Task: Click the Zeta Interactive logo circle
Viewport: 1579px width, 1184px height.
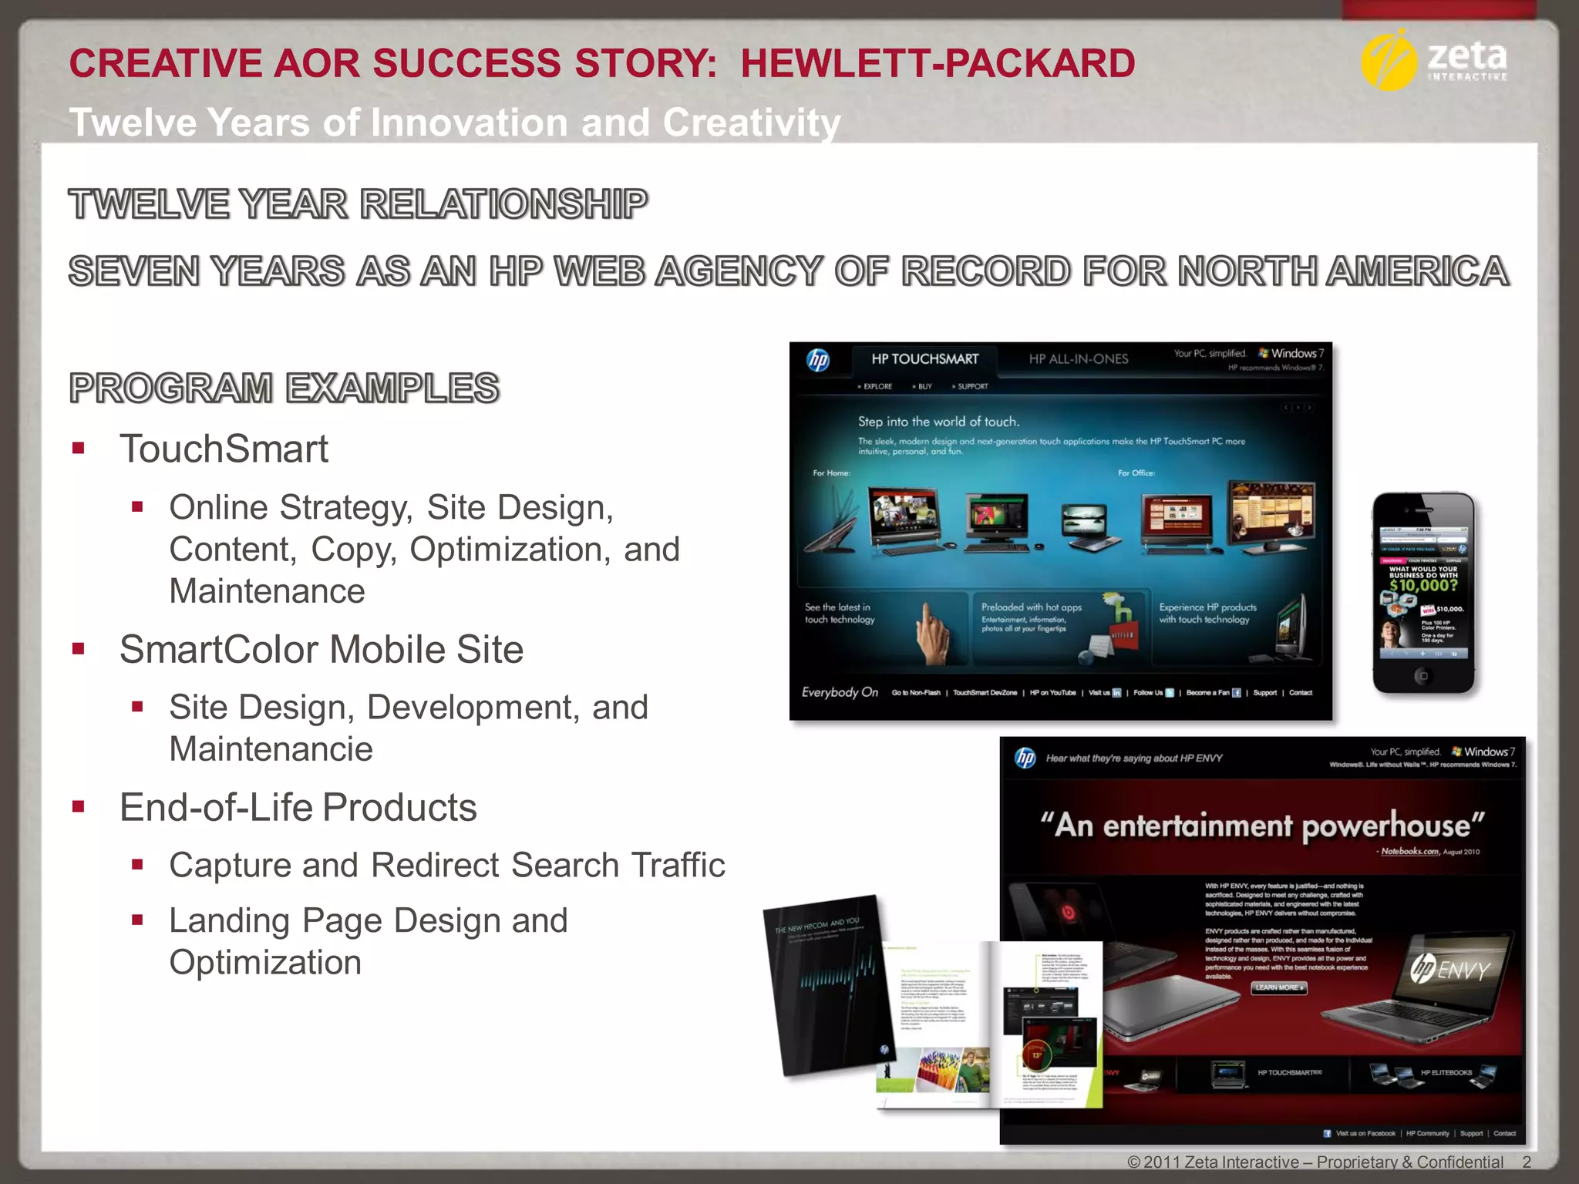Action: [1389, 61]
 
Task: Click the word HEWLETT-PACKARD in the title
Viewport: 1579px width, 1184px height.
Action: [938, 63]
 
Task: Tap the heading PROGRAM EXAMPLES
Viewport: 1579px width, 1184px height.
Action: [284, 388]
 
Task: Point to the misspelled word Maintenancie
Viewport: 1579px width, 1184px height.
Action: [271, 749]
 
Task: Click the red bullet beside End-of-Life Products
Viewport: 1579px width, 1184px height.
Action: [78, 807]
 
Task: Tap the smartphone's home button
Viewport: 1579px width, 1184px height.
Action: [1423, 676]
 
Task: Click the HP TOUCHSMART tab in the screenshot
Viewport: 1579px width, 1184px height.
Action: [924, 359]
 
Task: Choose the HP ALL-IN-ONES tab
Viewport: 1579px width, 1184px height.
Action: [1078, 359]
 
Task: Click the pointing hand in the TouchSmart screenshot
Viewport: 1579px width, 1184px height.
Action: [934, 632]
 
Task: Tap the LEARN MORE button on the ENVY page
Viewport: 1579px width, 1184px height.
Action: [1279, 987]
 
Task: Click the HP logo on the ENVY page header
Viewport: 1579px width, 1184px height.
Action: [1025, 758]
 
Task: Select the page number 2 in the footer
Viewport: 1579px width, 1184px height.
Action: [1527, 1162]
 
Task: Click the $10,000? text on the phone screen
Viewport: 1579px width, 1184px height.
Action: [1423, 586]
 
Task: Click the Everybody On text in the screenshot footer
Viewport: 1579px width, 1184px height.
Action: [840, 692]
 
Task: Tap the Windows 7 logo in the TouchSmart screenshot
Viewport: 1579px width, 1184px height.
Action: [1291, 354]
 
